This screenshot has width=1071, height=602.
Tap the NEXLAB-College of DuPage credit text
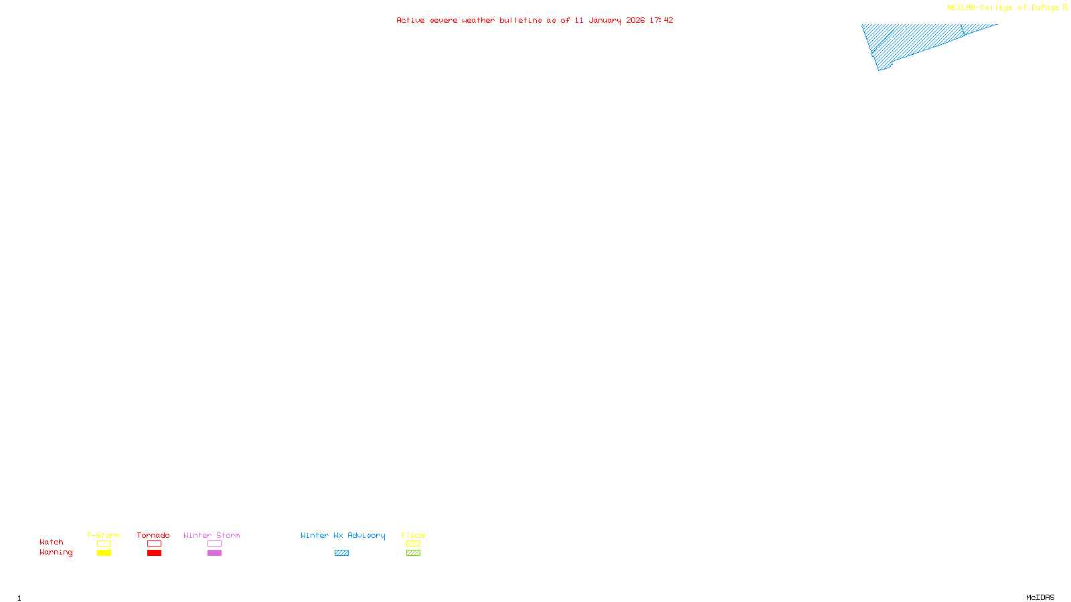[x=1003, y=8]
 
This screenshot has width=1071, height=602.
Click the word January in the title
[x=604, y=21]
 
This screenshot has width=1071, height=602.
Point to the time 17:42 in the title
[x=661, y=21]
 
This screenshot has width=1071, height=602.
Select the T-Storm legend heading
[x=103, y=535]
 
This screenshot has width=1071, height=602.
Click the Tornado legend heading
[x=153, y=535]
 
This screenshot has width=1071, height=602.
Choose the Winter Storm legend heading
[x=212, y=535]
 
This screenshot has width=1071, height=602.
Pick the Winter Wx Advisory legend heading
[x=343, y=535]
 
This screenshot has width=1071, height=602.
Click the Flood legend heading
[x=413, y=535]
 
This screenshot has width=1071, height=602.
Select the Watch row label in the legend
[x=52, y=542]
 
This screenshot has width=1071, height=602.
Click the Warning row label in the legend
[x=56, y=553]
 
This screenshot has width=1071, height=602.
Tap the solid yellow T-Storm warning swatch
[x=104, y=553]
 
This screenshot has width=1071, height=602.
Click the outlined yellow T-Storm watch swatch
[x=104, y=544]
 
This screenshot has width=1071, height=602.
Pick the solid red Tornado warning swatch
[x=155, y=553]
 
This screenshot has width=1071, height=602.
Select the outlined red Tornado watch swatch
[x=155, y=544]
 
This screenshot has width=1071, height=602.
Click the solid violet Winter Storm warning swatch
[x=214, y=553]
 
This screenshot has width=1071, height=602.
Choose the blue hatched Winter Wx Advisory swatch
[x=342, y=553]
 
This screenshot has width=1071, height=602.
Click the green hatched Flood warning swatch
[x=414, y=553]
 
